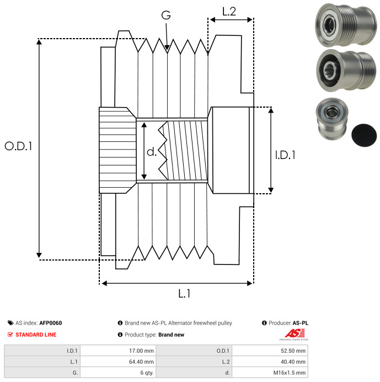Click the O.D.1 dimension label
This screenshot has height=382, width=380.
click(18, 147)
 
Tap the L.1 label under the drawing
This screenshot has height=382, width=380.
click(184, 294)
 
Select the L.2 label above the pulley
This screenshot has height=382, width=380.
click(229, 12)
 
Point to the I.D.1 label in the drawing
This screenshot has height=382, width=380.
click(285, 156)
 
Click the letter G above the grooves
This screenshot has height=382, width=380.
click(165, 16)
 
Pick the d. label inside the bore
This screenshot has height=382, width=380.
click(152, 152)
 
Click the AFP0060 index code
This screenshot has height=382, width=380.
click(51, 323)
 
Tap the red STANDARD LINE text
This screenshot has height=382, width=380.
click(36, 335)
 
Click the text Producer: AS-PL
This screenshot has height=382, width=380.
click(288, 323)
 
